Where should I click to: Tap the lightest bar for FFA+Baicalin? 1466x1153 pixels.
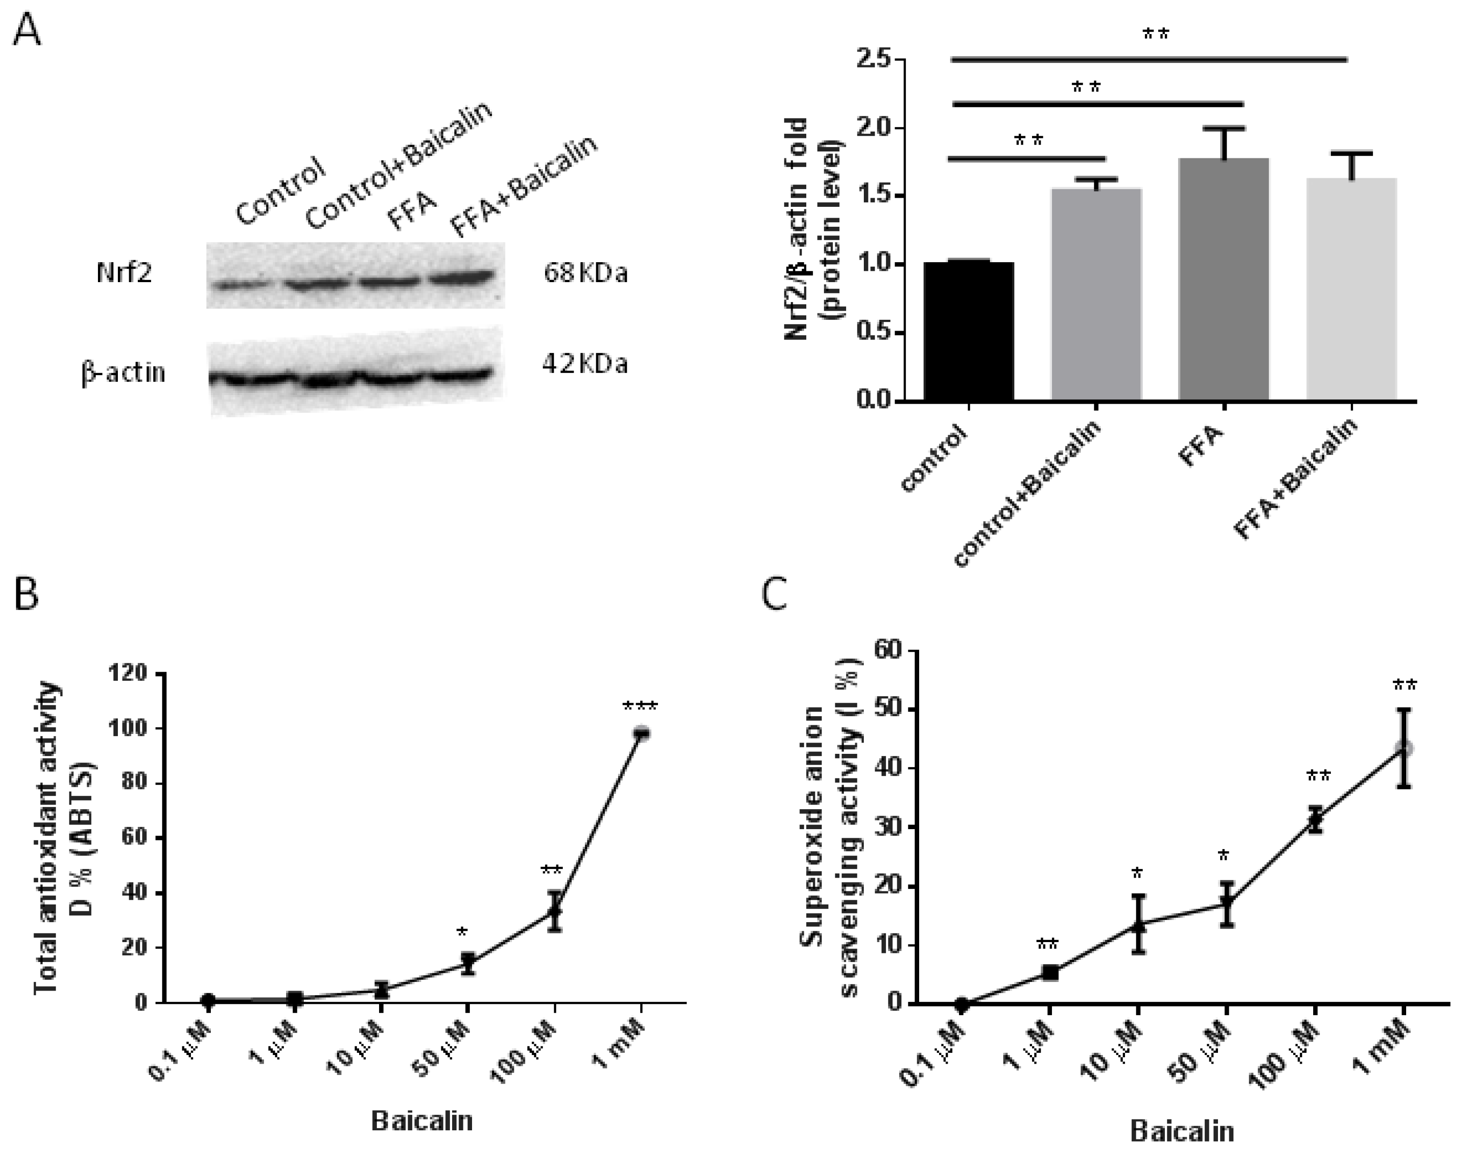(1351, 290)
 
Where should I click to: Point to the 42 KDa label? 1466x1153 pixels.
(584, 365)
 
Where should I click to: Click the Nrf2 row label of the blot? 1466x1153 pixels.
(124, 274)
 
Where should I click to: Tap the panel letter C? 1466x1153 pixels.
(774, 595)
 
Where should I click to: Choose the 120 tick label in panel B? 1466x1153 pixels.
(132, 674)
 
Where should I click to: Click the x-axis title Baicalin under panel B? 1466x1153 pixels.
(422, 1121)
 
